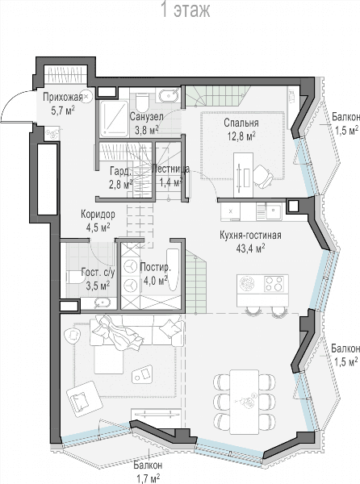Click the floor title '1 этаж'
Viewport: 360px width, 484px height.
point(186,10)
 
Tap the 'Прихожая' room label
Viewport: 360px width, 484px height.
point(63,98)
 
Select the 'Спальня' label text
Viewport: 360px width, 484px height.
point(241,123)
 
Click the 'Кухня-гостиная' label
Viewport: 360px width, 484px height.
point(250,236)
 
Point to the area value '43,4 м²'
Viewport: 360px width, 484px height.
point(251,248)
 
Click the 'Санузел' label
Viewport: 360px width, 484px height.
point(146,117)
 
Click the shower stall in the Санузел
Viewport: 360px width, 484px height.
point(114,119)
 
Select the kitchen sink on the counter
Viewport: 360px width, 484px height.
point(273,211)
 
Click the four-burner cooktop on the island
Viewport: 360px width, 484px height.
point(274,284)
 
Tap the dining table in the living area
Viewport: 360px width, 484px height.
point(245,402)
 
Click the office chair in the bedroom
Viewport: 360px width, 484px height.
point(263,176)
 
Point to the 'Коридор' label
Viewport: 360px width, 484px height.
point(98,215)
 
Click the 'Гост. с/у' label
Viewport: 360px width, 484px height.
point(98,273)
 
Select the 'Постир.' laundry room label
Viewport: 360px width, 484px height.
point(155,267)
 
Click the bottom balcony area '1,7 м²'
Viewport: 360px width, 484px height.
point(149,478)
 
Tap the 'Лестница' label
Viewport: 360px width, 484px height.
point(171,169)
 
